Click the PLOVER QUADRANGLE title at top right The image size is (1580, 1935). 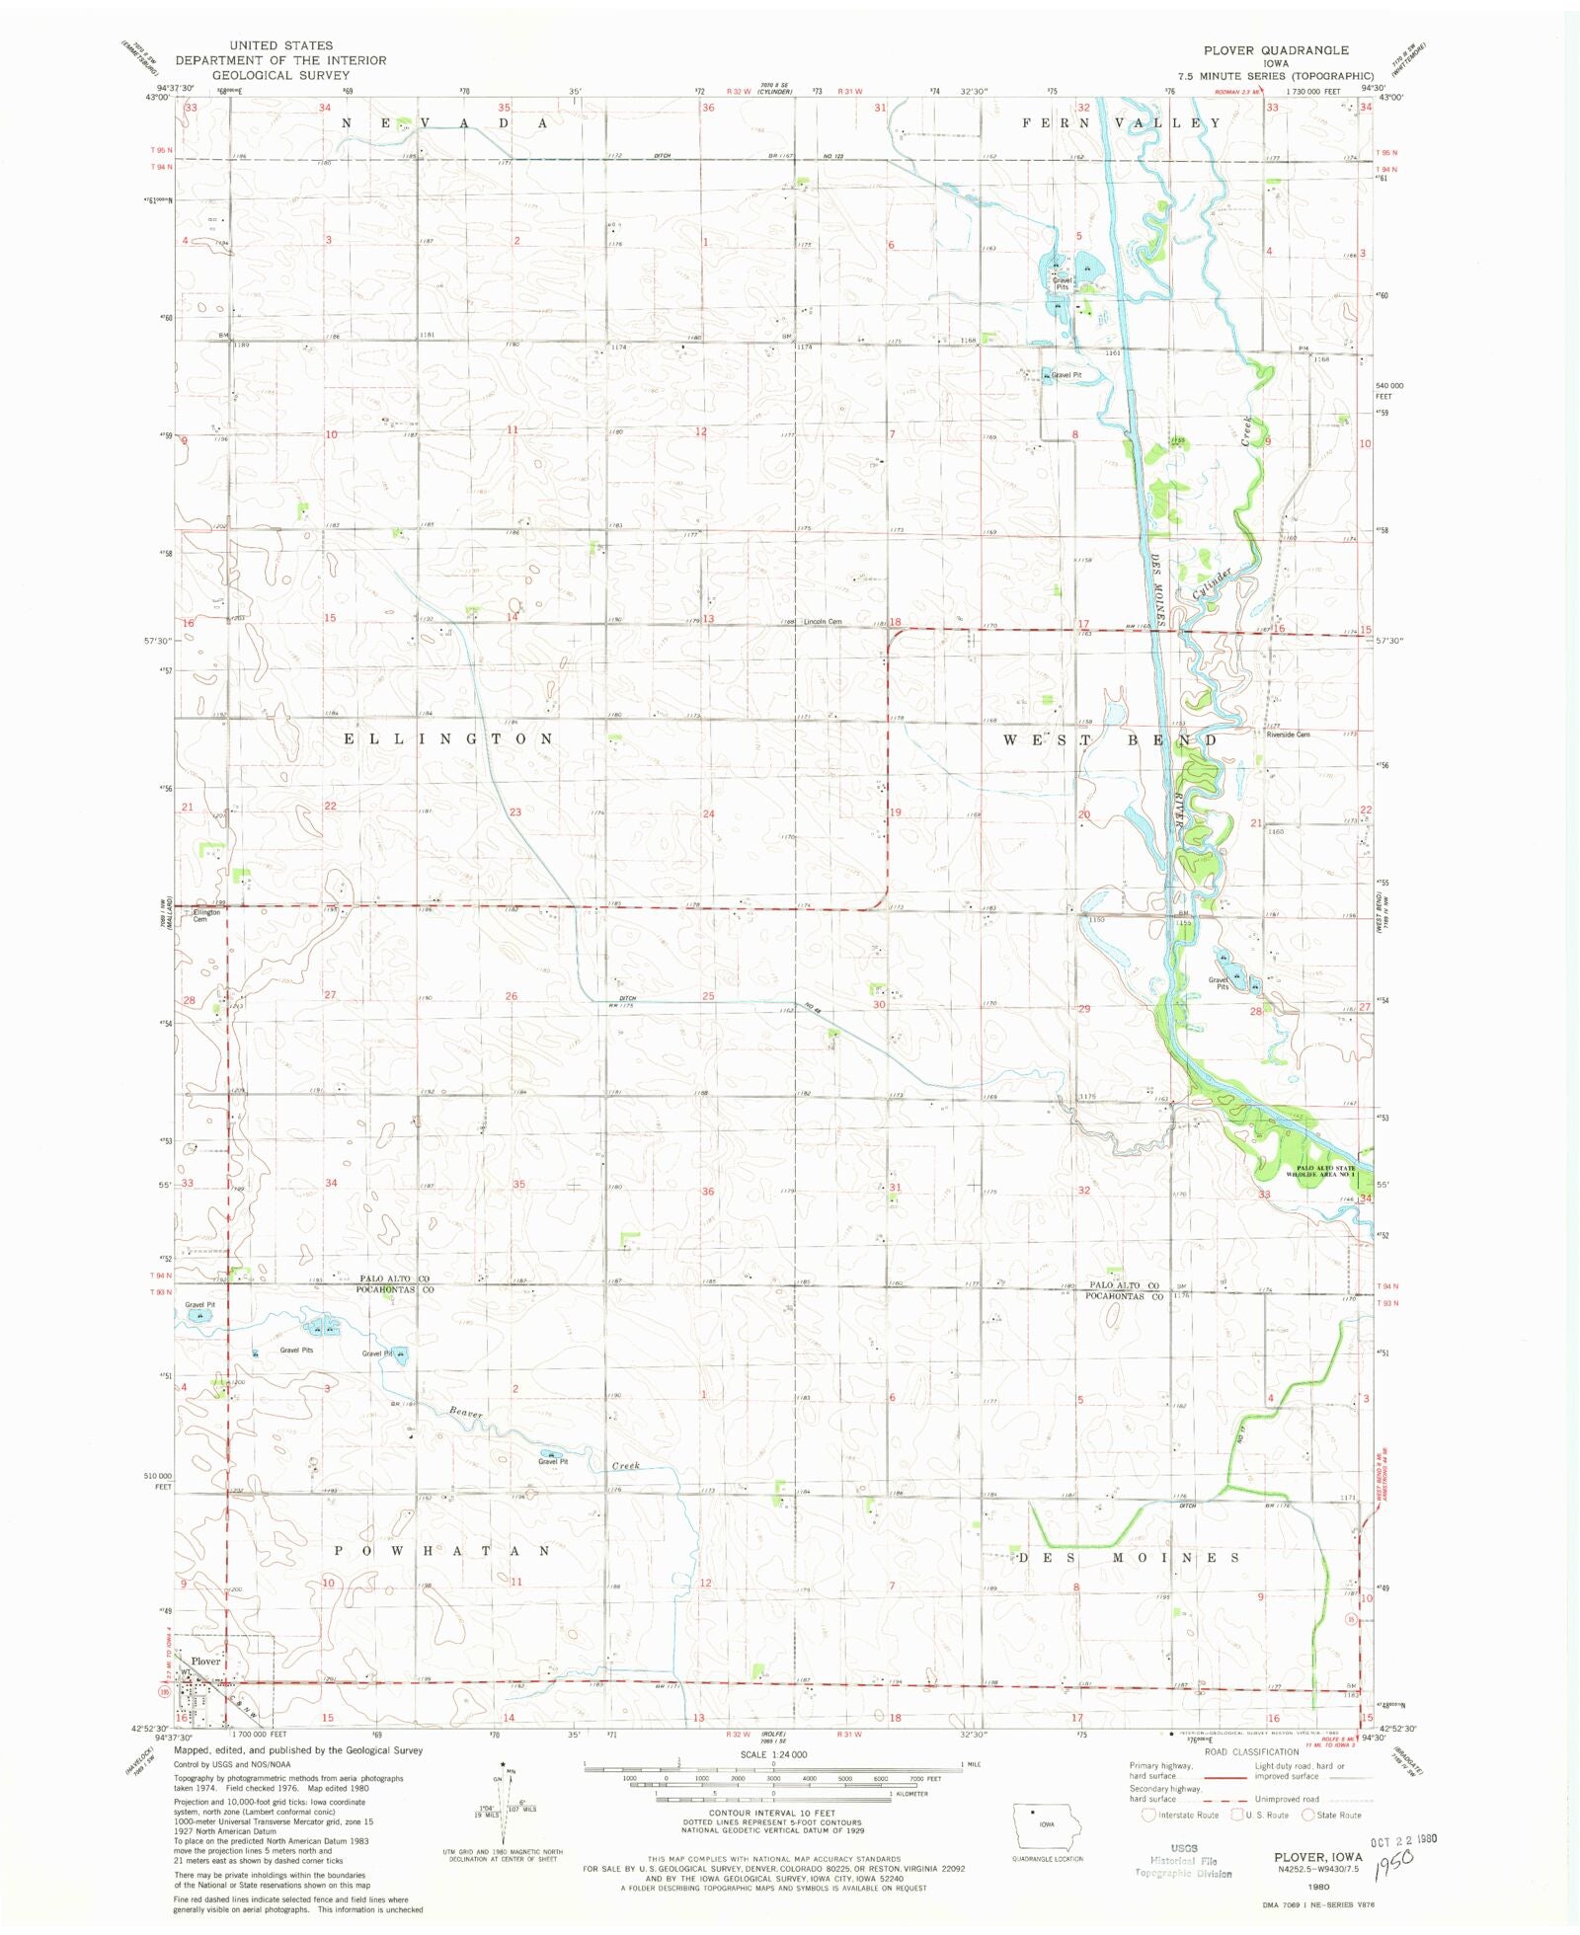click(1275, 50)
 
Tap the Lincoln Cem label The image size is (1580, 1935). click(822, 622)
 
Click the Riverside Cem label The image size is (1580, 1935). click(1288, 735)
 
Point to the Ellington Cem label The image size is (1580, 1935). click(204, 915)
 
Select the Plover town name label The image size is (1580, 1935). click(205, 1661)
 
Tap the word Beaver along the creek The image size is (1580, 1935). click(466, 1413)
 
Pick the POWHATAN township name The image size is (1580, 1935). click(441, 1551)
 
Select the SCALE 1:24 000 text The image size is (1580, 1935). click(772, 1754)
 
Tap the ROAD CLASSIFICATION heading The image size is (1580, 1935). click(1251, 1752)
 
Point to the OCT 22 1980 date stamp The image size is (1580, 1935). click(1402, 1840)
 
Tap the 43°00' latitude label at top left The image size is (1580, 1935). click(158, 97)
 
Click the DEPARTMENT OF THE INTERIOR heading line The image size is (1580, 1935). click(280, 60)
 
